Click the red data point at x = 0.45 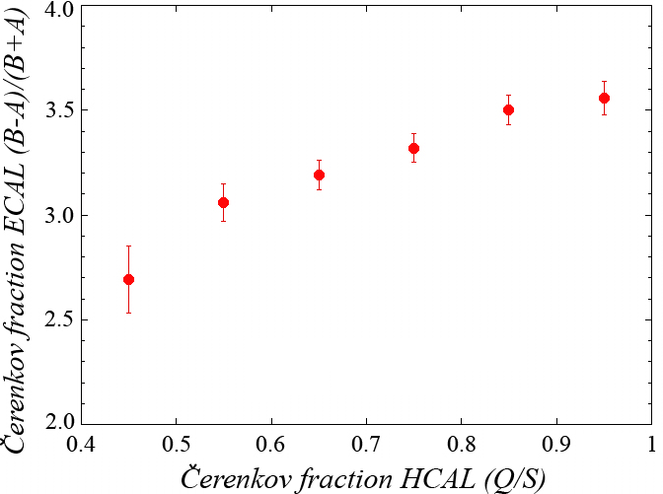coord(128,279)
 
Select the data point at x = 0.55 coord(223,202)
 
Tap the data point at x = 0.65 coord(319,175)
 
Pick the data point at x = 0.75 coord(413,148)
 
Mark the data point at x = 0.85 coord(508,109)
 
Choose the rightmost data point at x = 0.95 coord(604,98)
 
